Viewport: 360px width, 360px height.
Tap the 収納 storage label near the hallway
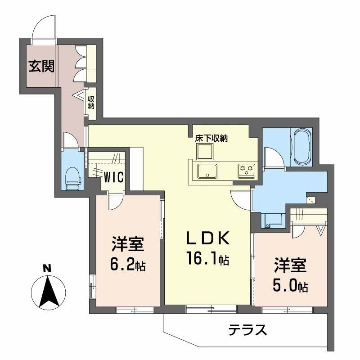pos(91,103)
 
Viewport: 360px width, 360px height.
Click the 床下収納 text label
pos(211,138)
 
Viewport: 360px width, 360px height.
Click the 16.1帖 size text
pos(208,259)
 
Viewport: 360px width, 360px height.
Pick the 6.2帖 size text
pos(127,265)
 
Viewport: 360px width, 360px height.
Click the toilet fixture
pos(72,178)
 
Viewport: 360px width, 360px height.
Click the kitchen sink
pos(207,171)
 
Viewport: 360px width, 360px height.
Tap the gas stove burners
pos(246,170)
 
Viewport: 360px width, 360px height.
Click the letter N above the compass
pos(46,269)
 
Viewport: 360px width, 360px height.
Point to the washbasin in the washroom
pos(273,220)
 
